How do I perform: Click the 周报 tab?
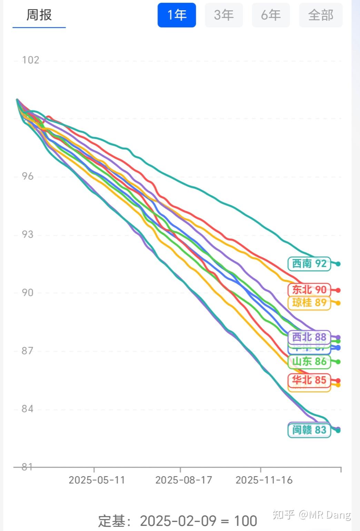[x=39, y=15]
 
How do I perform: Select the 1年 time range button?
[x=177, y=15]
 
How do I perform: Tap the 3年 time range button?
[x=224, y=15]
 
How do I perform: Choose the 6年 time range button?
[x=271, y=15]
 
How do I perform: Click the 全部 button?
[x=321, y=15]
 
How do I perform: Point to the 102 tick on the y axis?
[x=30, y=60]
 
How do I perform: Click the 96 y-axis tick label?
[x=28, y=176]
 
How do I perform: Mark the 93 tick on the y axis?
[x=28, y=234]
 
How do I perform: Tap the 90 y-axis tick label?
[x=28, y=292]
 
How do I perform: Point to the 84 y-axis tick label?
[x=28, y=409]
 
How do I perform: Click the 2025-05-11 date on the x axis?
[x=97, y=480]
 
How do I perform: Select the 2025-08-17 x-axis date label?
[x=183, y=480]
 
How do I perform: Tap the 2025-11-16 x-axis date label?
[x=264, y=480]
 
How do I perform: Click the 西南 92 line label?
[x=309, y=264]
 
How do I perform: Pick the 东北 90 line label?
[x=309, y=290]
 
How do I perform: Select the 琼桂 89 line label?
[x=309, y=303]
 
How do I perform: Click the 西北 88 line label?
[x=309, y=337]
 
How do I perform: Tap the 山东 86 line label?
[x=309, y=361]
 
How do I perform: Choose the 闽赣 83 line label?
[x=309, y=430]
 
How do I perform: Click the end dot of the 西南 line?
[x=338, y=264]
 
